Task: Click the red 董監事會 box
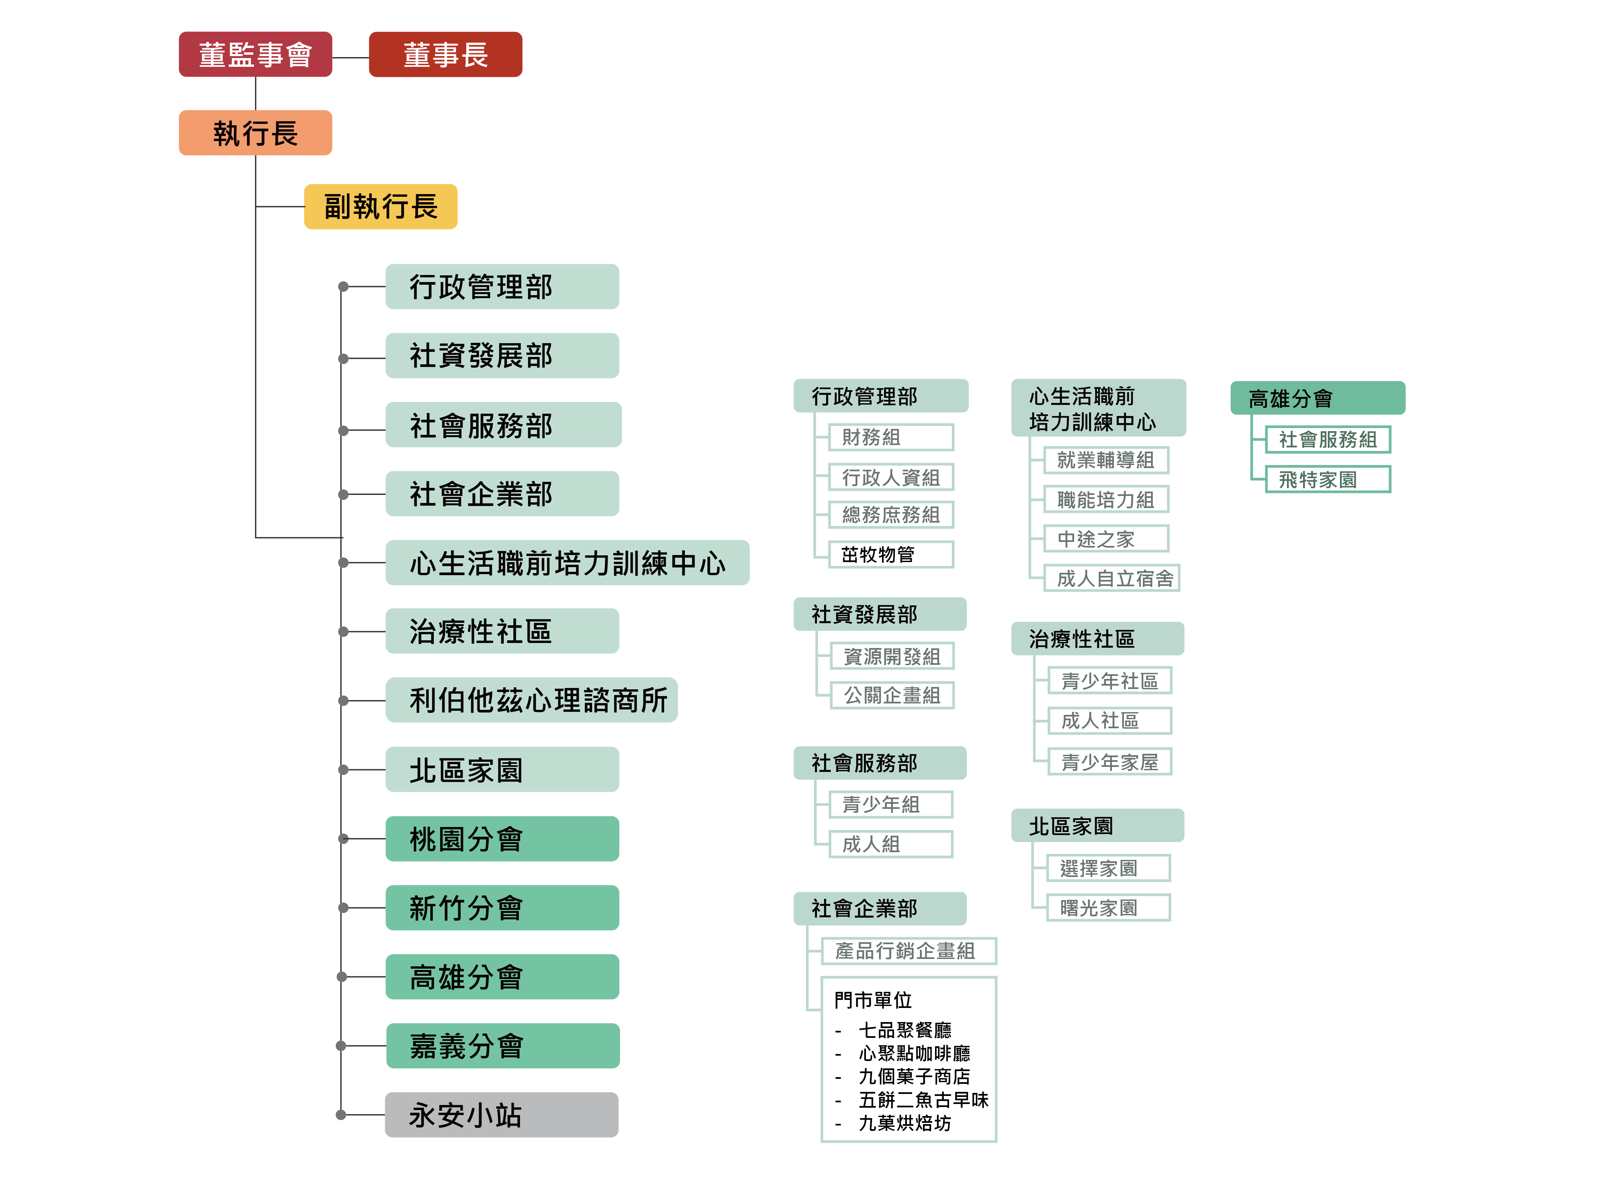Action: pos(255,54)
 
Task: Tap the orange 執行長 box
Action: pos(255,133)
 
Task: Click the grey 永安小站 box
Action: pos(501,1115)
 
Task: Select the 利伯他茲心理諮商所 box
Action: pos(531,700)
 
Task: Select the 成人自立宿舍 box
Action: pos(1111,578)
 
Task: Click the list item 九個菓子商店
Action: pos(914,1076)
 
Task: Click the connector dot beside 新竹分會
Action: pos(343,908)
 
